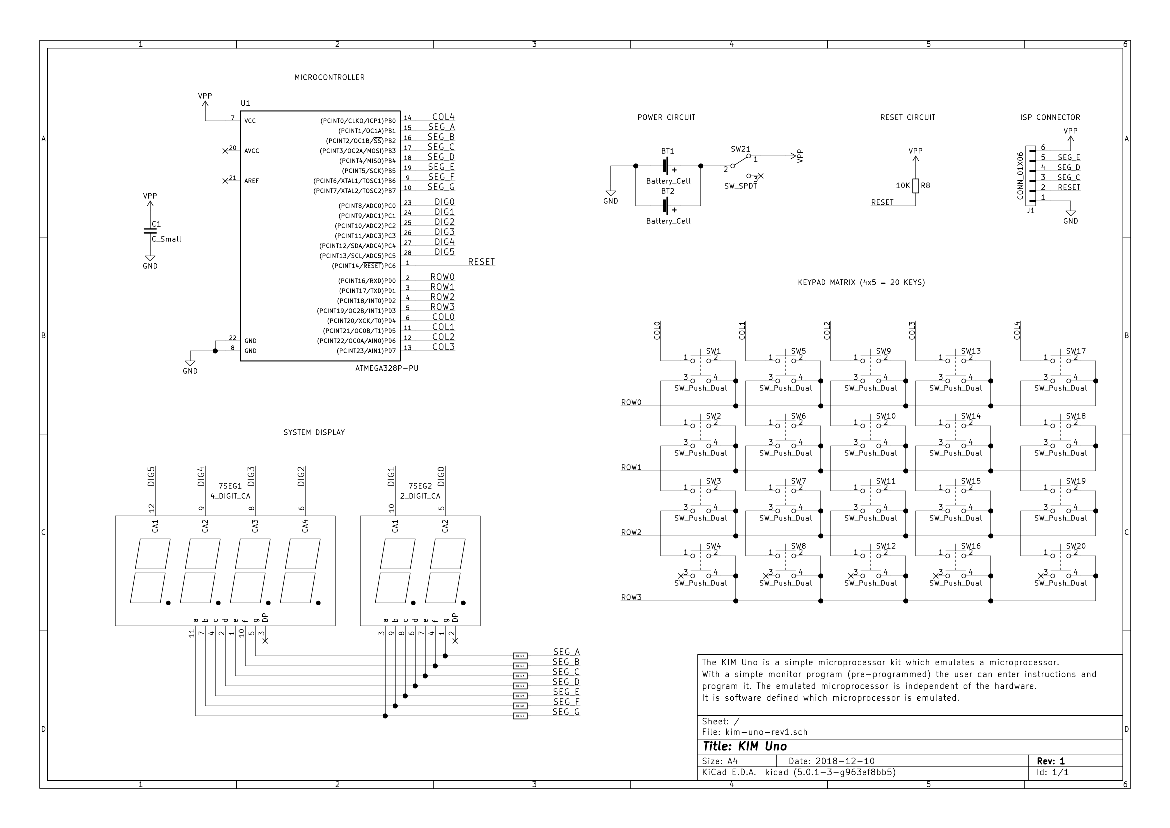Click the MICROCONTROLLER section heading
(x=329, y=77)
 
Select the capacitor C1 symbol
(x=150, y=231)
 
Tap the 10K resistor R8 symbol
(x=915, y=186)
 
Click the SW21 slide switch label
(x=740, y=149)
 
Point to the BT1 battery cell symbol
(x=667, y=166)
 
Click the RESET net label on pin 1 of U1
(x=481, y=262)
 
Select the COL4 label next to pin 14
(x=443, y=117)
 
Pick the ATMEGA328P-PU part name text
(x=387, y=368)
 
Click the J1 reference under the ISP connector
(x=1030, y=210)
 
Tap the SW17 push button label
(x=1075, y=351)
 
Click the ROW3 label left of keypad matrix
(x=631, y=597)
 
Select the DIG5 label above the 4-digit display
(x=151, y=476)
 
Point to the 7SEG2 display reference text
(x=420, y=486)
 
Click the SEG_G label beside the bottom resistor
(x=566, y=712)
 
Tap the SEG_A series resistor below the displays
(x=520, y=656)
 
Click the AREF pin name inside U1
(x=251, y=181)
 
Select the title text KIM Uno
(x=745, y=746)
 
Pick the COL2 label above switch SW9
(x=827, y=330)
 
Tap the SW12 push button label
(x=885, y=546)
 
